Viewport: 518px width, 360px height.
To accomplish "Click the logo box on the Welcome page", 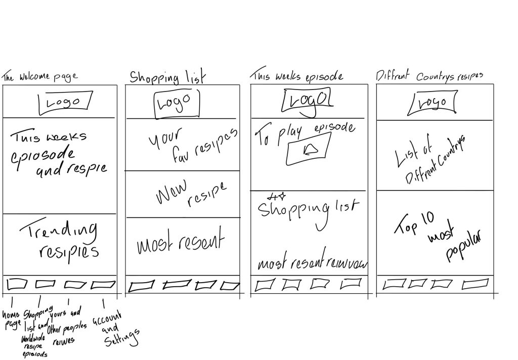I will coord(65,101).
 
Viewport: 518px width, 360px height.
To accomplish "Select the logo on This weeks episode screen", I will coord(308,100).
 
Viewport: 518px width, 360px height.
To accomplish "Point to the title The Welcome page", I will coord(40,77).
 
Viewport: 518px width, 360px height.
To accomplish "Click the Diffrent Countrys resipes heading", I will coord(429,76).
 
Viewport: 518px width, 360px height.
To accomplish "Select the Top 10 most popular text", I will coord(437,237).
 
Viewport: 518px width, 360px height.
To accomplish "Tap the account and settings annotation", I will coord(114,329).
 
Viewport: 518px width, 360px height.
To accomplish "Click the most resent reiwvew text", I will coord(312,263).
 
